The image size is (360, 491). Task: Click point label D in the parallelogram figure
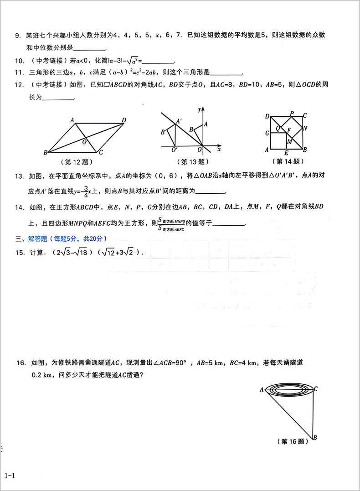point(123,120)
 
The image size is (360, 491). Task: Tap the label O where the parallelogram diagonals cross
point(84,142)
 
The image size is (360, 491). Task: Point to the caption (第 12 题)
point(77,161)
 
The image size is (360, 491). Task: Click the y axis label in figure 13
point(200,109)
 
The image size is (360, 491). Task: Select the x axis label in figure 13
point(219,149)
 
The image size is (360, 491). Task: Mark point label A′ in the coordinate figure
point(179,121)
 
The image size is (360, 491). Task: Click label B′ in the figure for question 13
point(163,132)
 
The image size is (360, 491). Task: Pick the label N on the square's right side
point(305,128)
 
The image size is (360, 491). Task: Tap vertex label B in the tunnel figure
point(315,438)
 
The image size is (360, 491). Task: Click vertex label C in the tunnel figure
point(316,388)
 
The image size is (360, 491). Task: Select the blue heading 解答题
point(37,238)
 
